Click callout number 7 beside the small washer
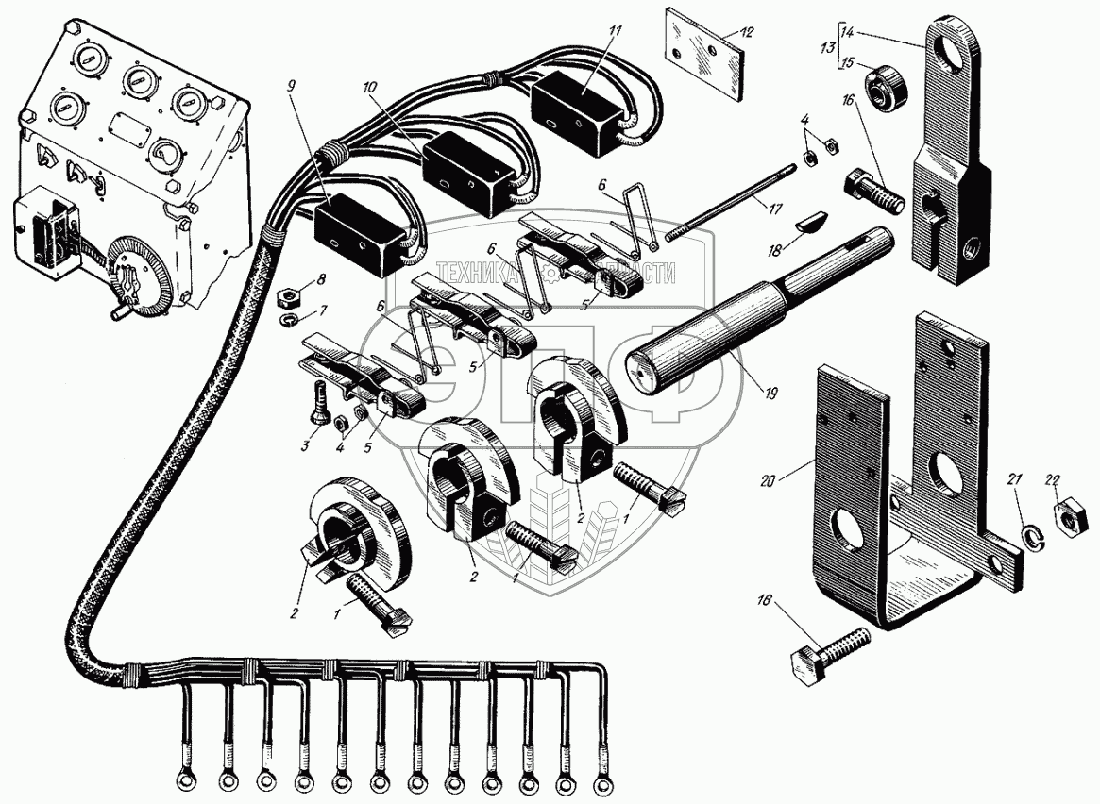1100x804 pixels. pos(324,311)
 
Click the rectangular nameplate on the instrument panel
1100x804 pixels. pos(130,126)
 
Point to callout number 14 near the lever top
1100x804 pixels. pos(847,32)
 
